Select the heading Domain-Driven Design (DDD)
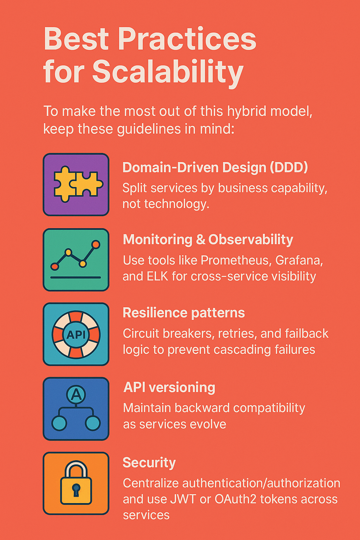tap(215, 167)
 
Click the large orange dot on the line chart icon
tap(95, 245)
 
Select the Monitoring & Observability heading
tap(208, 239)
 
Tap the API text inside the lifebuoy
tap(76, 334)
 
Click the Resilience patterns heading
tap(184, 313)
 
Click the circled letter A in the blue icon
tap(76, 395)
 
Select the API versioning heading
tap(169, 387)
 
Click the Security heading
tap(149, 462)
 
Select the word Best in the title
tap(76, 39)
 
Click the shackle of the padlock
tap(76, 468)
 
